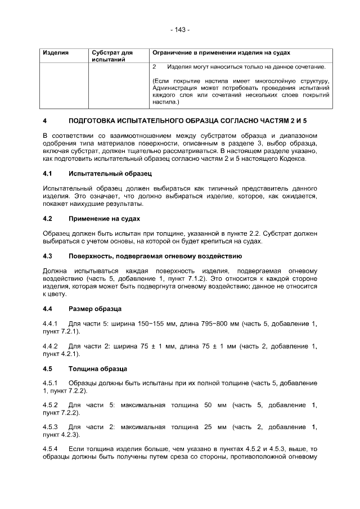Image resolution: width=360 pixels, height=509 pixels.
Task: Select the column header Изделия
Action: tap(56, 52)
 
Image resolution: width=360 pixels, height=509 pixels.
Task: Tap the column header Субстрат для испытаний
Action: tap(111, 56)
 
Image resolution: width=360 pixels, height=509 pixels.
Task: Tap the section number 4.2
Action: tap(48, 218)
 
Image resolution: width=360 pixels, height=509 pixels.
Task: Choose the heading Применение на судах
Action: tap(104, 218)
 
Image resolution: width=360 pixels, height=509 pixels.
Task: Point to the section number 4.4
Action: tap(48, 309)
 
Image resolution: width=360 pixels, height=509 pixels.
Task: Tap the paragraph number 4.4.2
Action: tap(51, 346)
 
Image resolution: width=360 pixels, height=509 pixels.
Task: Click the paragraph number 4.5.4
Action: tap(51, 449)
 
